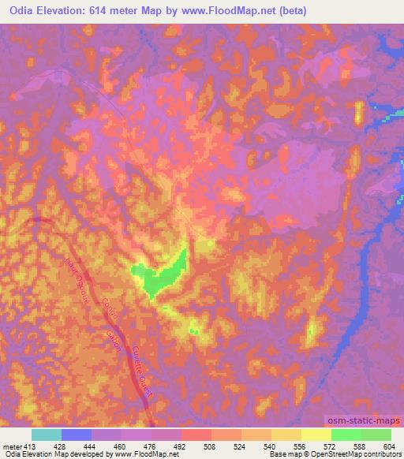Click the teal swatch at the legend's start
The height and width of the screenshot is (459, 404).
pos(47,435)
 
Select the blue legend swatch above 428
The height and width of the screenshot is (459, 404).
pos(77,435)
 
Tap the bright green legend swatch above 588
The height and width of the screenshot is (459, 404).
pos(346,435)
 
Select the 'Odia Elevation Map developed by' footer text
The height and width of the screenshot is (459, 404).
pos(58,454)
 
